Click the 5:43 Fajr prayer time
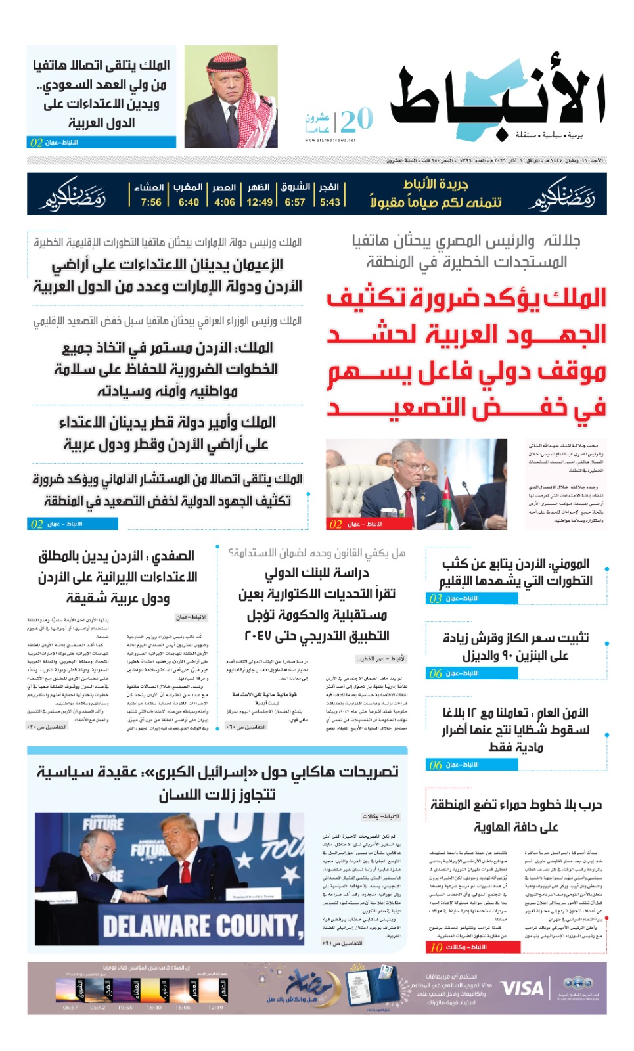[x=330, y=202]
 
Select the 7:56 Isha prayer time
[x=151, y=202]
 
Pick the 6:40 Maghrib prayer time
[x=189, y=202]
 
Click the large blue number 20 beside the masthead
[x=357, y=120]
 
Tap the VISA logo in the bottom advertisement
[x=522, y=989]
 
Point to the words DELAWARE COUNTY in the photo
[x=202, y=926]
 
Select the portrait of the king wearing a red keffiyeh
[x=231, y=97]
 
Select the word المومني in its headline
[x=569, y=564]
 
